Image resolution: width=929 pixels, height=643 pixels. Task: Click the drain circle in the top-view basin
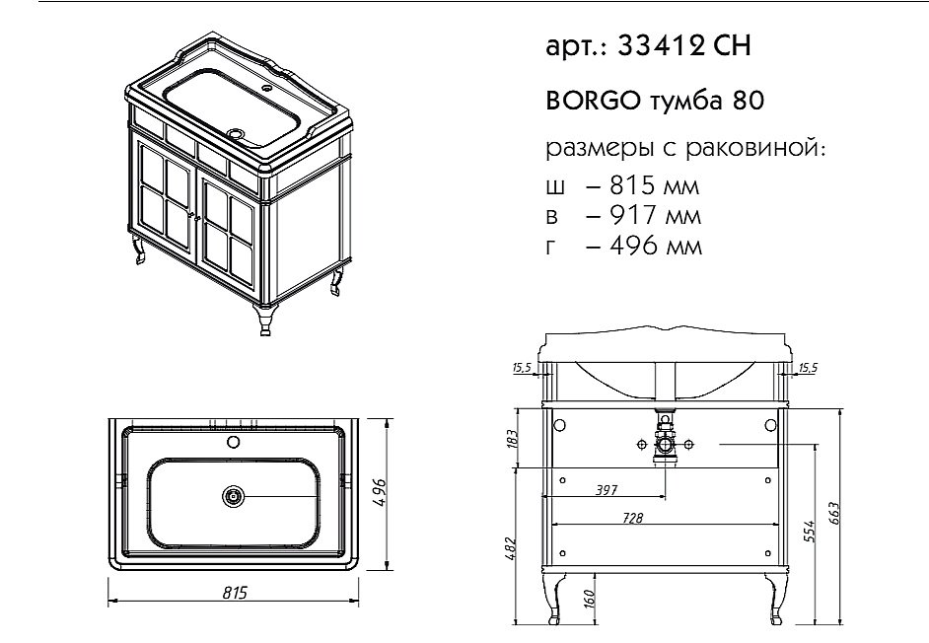(x=234, y=496)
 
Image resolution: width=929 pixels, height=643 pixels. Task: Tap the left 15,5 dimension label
(x=521, y=369)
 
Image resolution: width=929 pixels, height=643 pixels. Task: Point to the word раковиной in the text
(x=767, y=150)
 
